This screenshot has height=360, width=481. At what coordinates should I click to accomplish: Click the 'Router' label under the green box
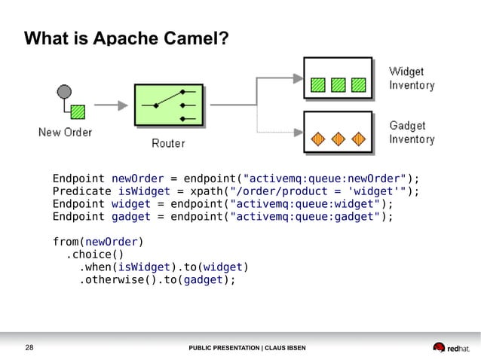[168, 142]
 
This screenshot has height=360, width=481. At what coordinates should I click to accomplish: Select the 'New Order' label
[66, 133]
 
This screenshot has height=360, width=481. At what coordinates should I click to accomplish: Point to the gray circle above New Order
[64, 92]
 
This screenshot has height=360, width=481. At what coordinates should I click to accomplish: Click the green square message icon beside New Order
[78, 112]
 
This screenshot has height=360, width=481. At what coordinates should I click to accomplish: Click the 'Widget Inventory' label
[412, 78]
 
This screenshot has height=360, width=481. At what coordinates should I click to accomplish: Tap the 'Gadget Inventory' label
[412, 133]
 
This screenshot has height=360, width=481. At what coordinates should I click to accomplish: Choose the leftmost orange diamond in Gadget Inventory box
[319, 139]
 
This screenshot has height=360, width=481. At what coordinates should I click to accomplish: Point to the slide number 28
[31, 348]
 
